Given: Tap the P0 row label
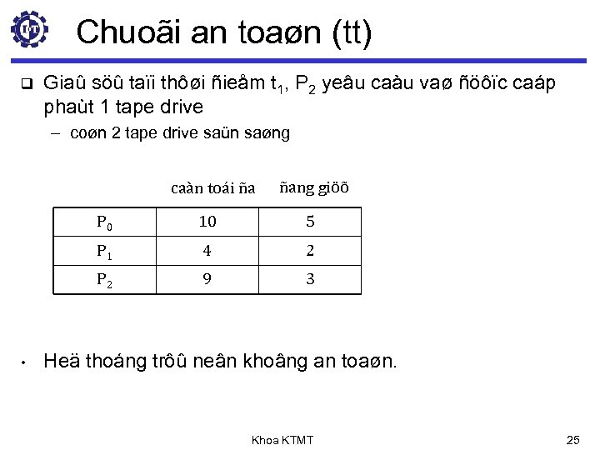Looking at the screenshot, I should point(105,223).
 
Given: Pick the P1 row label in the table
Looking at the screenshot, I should point(105,252).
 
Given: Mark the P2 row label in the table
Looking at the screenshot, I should point(105,280).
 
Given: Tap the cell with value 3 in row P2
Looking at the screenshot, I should point(309,280).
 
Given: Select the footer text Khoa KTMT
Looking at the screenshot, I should point(282,437).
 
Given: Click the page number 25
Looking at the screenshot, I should point(572,437).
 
